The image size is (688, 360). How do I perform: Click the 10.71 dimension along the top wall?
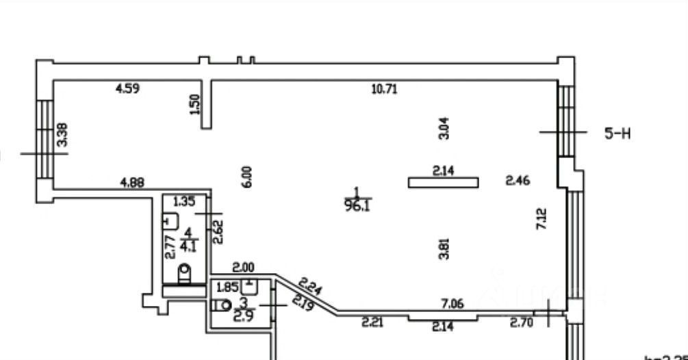tap(384, 88)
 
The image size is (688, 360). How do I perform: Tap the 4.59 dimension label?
tap(128, 88)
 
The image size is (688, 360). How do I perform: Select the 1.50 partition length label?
tap(196, 104)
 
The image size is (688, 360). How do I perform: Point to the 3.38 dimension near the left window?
tap(62, 134)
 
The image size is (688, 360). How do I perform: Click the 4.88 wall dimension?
tap(131, 182)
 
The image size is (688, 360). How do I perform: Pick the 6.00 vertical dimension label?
tap(248, 176)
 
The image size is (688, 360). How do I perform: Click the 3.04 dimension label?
tap(443, 128)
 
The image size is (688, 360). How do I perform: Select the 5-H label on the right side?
tap(617, 133)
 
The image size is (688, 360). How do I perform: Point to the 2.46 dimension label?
tap(518, 181)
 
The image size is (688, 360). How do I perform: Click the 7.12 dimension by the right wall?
tap(542, 218)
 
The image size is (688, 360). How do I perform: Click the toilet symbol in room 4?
tap(184, 274)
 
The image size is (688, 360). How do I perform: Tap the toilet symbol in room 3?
tap(222, 306)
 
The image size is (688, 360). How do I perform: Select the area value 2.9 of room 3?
tap(244, 316)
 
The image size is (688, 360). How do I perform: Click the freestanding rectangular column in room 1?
tap(443, 182)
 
